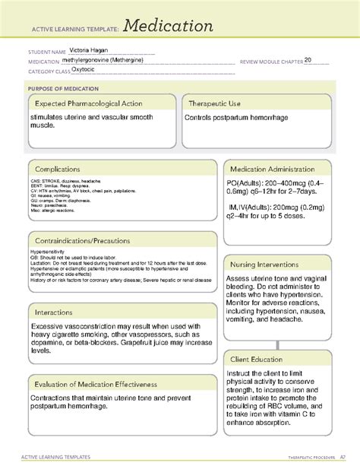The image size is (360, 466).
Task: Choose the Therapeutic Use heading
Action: point(219,103)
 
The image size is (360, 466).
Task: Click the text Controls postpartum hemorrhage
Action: point(238,118)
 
